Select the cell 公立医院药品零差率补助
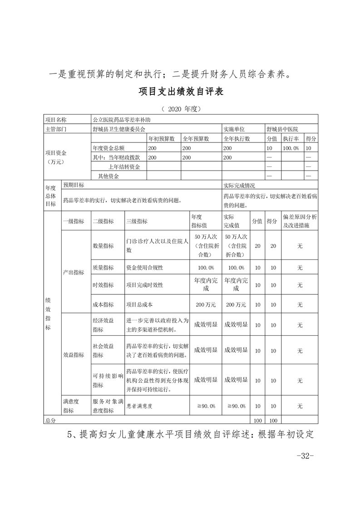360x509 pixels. coord(121,120)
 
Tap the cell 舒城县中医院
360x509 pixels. coord(285,129)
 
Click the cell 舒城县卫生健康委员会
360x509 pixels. coord(122,129)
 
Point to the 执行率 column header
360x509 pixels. coord(291,139)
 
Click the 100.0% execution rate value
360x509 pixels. coord(291,148)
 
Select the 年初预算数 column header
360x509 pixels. coord(163,139)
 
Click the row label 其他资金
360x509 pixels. coord(105,176)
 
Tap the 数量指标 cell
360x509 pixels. coord(103,245)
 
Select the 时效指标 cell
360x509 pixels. coord(103,285)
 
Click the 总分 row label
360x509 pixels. coord(50,421)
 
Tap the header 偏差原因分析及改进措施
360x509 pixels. coord(299,221)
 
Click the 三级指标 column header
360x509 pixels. coord(137,221)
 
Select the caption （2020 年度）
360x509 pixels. coord(180,109)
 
